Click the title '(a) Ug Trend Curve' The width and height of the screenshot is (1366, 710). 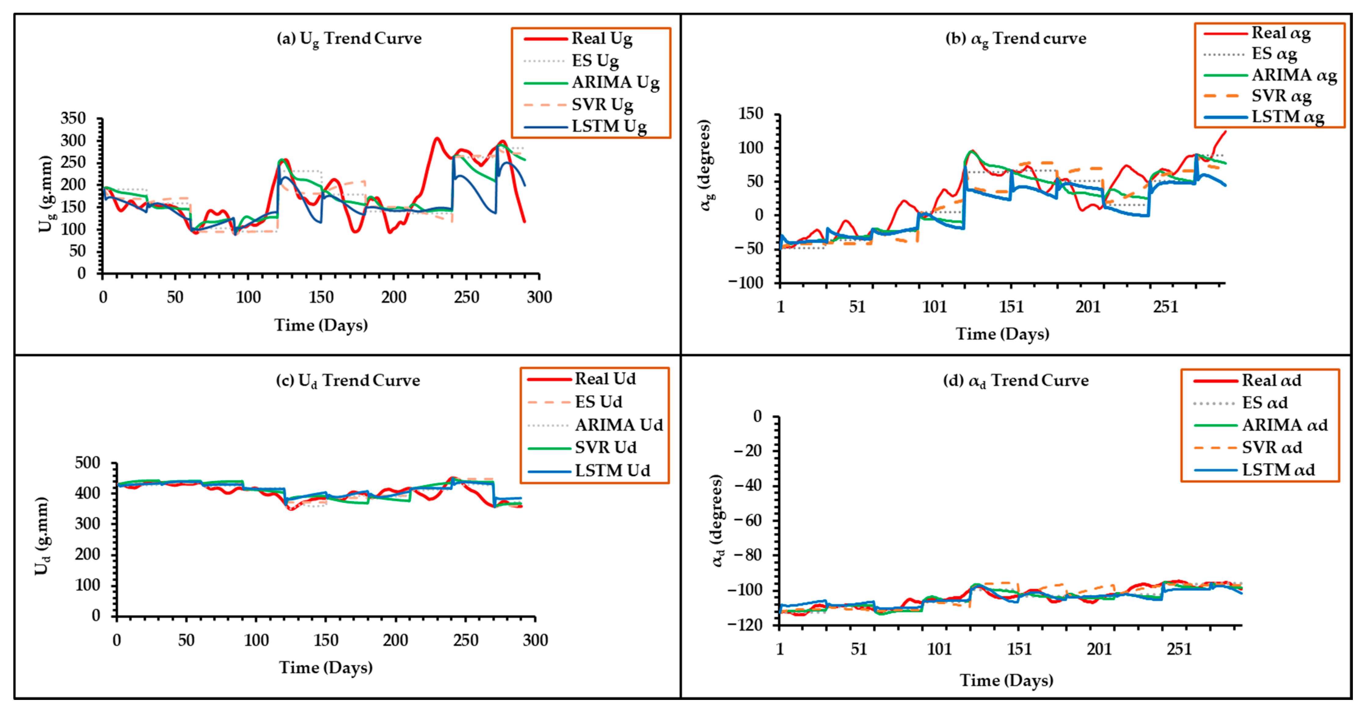click(349, 39)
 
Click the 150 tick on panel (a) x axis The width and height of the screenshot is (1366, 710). click(321, 297)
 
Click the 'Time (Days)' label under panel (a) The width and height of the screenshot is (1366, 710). click(321, 325)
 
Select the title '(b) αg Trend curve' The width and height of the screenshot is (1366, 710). click(1015, 39)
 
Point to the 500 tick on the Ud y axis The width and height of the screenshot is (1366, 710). click(88, 463)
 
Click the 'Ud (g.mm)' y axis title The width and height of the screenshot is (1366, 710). click(42, 536)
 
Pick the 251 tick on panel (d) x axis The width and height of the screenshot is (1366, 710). click(1179, 649)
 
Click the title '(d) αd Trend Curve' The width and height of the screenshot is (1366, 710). click(1015, 380)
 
